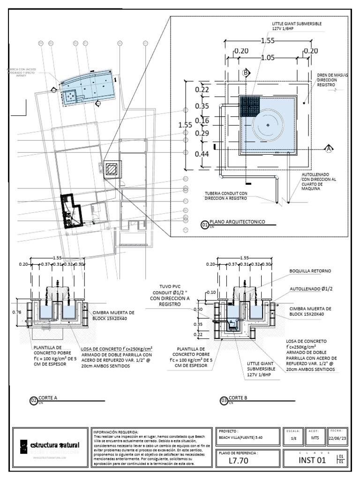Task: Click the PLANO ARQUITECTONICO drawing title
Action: [x=237, y=221]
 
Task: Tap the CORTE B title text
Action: [x=238, y=397]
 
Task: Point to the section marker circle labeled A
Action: [x=328, y=149]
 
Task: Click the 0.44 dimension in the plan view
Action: [x=202, y=153]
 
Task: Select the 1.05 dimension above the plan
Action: [x=267, y=58]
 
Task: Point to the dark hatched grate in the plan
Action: [x=249, y=106]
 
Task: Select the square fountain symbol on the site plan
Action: [x=112, y=169]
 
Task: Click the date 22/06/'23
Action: [x=338, y=438]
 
